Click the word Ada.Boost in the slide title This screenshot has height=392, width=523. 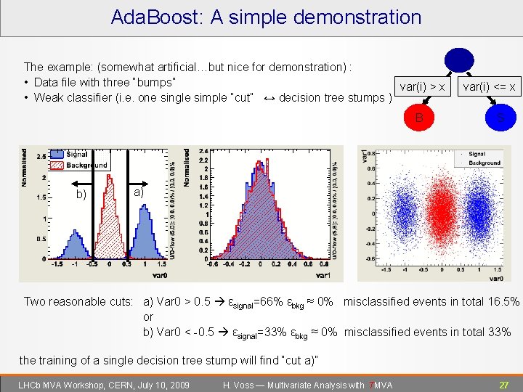pos(157,17)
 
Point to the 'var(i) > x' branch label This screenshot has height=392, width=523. pos(422,87)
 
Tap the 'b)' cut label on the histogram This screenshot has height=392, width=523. pos(81,194)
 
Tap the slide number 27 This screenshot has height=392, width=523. pos(503,385)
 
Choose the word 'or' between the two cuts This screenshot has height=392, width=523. pos(148,317)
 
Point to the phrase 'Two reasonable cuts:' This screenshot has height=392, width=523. pos(79,301)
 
